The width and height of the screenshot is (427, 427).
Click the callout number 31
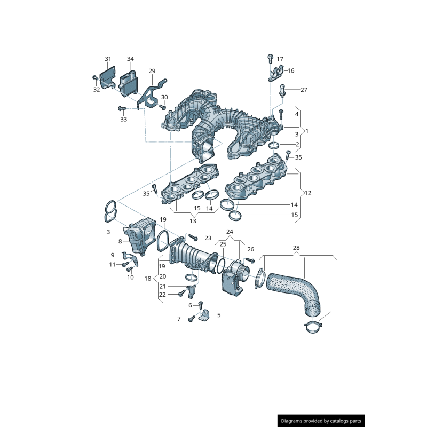[x=108, y=59]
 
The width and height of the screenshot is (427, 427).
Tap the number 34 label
[x=130, y=59]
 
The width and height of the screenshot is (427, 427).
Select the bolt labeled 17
[x=271, y=58]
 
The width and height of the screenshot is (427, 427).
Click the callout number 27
[x=304, y=90]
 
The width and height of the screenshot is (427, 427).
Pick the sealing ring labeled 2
[x=274, y=146]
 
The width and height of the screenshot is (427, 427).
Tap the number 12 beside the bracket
[x=308, y=192]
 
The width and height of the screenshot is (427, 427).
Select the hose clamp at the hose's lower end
[x=314, y=327]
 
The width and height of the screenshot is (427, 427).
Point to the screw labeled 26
[x=248, y=260]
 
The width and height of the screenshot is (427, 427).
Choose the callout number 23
[x=208, y=238]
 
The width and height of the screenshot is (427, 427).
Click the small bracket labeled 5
[x=205, y=316]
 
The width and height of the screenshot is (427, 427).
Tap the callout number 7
[x=179, y=319]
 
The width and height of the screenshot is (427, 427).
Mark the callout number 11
[x=112, y=264]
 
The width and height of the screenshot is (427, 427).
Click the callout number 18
[x=148, y=279]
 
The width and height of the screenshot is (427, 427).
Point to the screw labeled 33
[x=121, y=108]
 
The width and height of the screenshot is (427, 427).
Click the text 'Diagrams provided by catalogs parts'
[x=321, y=421]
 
